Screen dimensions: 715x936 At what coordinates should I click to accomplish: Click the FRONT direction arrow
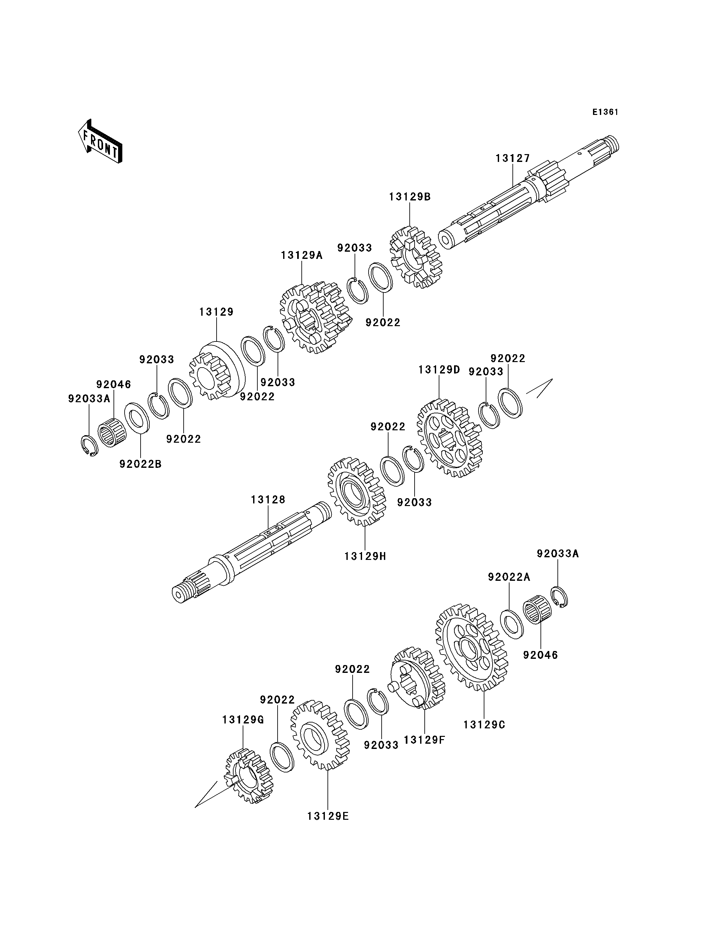coord(100,141)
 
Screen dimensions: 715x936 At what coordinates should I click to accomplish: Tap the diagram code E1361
coord(605,112)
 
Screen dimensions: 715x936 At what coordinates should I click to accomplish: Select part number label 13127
coord(513,158)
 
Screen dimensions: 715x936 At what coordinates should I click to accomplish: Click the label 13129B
coord(410,197)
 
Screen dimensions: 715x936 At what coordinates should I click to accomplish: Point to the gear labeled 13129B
coord(415,257)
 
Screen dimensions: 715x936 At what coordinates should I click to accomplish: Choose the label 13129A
coord(302,256)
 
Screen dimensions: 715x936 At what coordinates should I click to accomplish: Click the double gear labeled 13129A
coord(316,317)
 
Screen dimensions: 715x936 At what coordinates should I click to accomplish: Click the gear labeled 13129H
coord(357,492)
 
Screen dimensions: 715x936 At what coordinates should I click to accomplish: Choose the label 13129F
coord(424,740)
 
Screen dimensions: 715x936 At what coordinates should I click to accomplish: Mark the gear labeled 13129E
coord(320,735)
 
